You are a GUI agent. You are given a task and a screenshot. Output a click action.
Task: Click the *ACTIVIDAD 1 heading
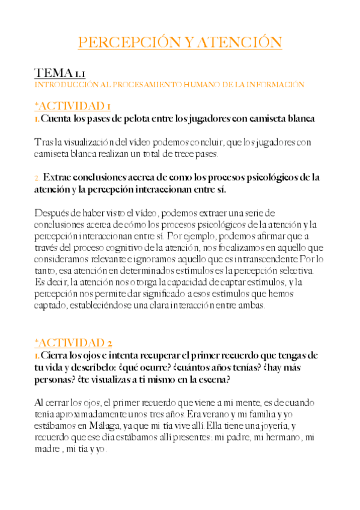pos(72,106)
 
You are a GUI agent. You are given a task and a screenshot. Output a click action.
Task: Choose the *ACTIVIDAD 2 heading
pos(73,343)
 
